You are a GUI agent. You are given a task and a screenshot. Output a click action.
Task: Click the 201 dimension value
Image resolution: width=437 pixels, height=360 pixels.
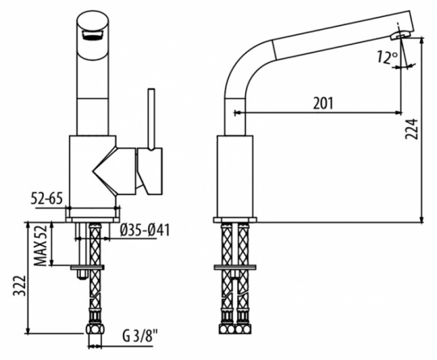pos(323,104)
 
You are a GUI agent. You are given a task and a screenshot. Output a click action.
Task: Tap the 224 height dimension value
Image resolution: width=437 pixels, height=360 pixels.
pos(412,129)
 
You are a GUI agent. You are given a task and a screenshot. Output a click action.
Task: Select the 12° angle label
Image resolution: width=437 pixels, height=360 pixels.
pos(388,57)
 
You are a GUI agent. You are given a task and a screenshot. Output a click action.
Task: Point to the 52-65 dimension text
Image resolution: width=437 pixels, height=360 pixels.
pos(47,199)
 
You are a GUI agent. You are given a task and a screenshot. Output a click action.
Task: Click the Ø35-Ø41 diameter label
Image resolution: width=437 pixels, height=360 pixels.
pos(145,231)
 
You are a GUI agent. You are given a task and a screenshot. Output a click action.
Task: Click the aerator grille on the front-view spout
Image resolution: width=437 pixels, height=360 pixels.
pos(92,36)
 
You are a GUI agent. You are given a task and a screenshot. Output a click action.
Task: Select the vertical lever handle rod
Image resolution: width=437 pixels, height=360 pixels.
pos(151,119)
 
